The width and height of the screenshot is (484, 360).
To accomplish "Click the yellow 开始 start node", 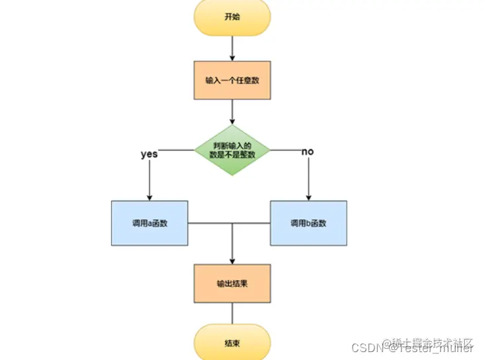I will pos(232,17).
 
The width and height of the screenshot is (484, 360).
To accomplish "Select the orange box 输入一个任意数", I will pos(232,81).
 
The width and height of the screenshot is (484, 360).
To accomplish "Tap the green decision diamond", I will pos(232,151).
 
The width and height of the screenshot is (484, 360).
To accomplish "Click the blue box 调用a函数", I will pos(149,223).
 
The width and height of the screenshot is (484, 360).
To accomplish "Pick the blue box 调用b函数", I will pos(308,223).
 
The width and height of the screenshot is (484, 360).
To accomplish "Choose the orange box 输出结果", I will pos(232,283).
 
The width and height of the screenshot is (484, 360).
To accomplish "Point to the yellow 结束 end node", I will pos(232,344).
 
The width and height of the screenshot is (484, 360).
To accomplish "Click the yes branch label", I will pos(149,154).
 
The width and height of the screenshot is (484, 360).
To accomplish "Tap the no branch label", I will pos(307,152).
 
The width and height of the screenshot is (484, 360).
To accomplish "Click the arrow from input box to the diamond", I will pos(232,111).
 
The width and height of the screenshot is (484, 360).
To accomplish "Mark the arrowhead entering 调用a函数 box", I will pos(149,196).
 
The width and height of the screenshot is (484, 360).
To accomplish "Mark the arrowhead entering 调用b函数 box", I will pos(308,196).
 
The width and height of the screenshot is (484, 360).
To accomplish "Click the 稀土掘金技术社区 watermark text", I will pos(432,343).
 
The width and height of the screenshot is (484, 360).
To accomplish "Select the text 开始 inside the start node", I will pos(232,17).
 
